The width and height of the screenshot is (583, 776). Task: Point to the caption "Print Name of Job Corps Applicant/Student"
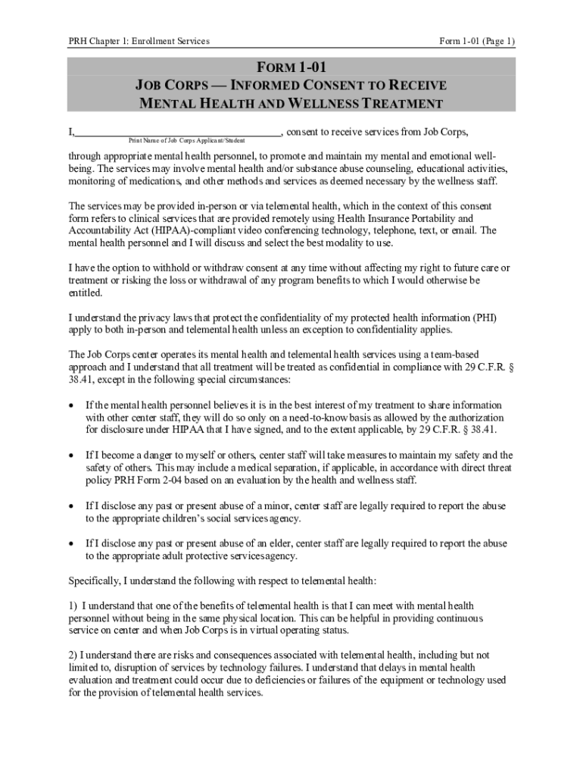(182, 141)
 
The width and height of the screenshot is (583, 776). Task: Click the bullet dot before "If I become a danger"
(72, 455)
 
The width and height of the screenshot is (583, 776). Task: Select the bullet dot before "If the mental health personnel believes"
(72, 405)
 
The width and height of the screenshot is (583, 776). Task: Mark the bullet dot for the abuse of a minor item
(72, 505)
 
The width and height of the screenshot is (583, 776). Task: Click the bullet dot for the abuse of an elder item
(72, 543)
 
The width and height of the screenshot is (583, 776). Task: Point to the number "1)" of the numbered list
(73, 605)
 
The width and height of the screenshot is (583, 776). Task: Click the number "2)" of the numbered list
(73, 655)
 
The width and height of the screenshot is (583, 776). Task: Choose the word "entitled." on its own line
(86, 293)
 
